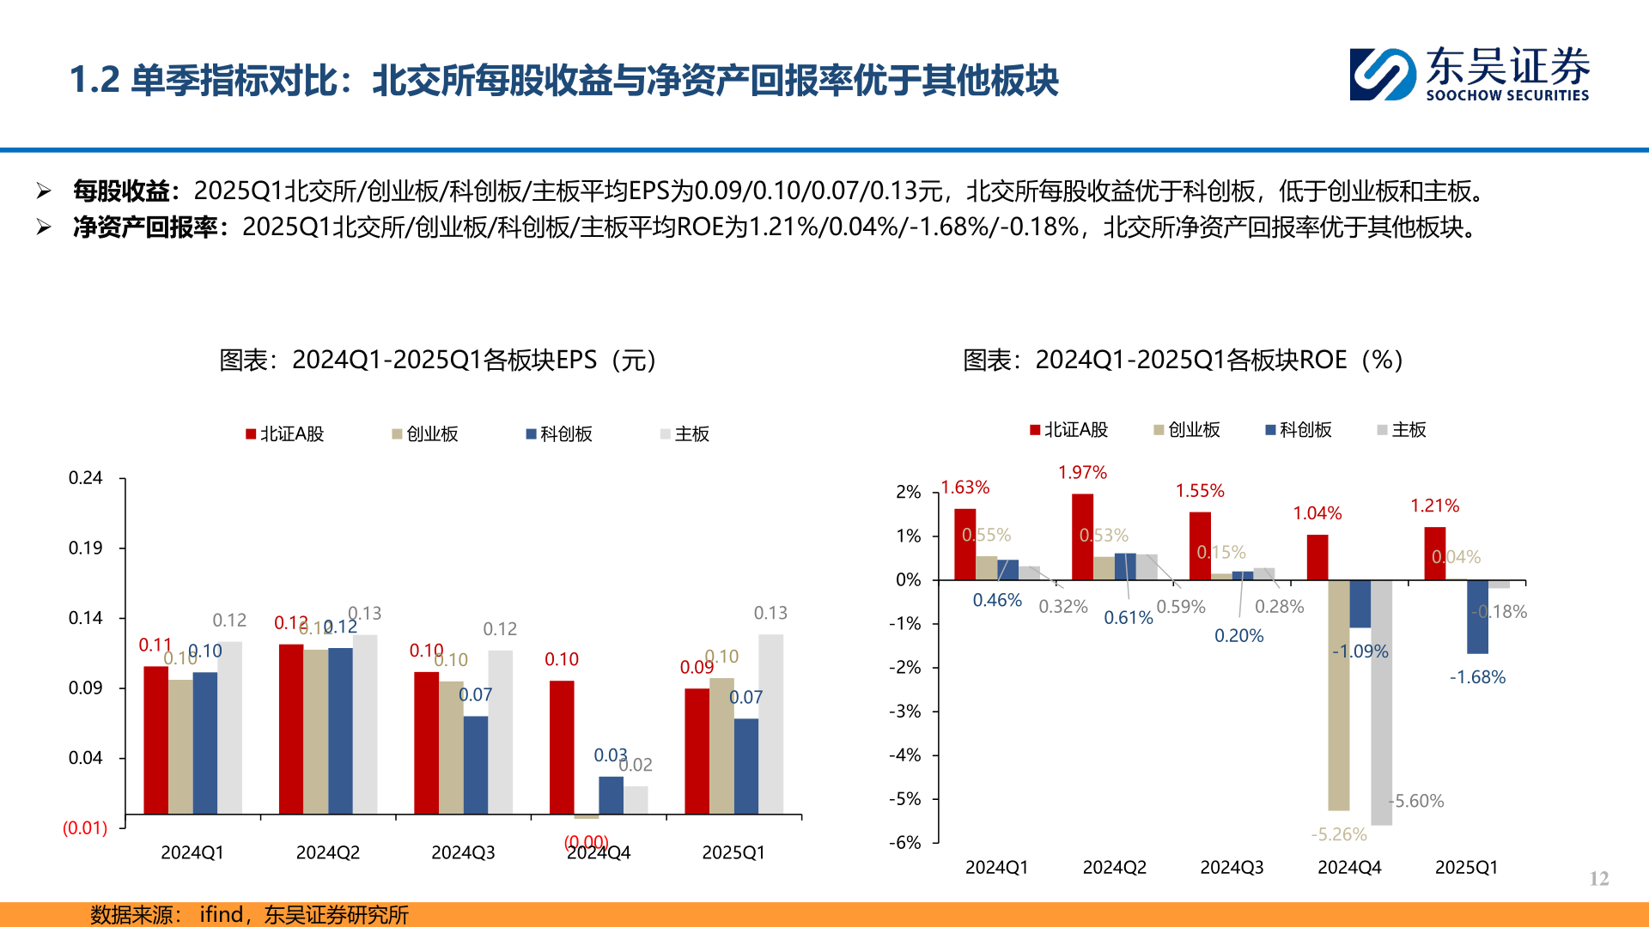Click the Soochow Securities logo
pos(1469,75)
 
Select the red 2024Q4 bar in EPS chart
pos(562,747)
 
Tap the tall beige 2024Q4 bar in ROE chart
pos(1338,695)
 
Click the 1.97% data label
pos(1082,473)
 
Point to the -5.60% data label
pos(1418,801)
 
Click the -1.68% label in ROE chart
pos(1477,677)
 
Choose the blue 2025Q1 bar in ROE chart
pos(1477,617)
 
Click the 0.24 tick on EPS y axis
pos(85,478)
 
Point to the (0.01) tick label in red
pos(84,828)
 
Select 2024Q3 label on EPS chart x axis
pos(463,852)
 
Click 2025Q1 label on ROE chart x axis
pos(1466,868)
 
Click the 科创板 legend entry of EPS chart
pos(559,434)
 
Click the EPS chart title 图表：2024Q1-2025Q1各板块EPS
pos(438,360)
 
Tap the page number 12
pos(1598,878)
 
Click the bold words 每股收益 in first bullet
pos(120,191)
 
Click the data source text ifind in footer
pos(221,915)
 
